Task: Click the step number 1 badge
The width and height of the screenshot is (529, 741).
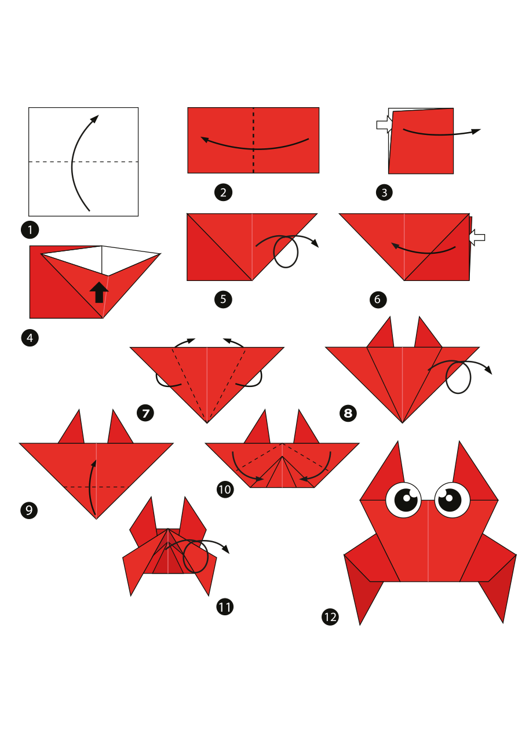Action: [30, 229]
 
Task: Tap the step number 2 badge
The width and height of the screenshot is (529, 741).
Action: [223, 192]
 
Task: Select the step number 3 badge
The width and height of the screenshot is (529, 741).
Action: [384, 192]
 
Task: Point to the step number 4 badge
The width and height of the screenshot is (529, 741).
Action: [30, 338]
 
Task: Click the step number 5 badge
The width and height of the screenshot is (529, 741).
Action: [223, 300]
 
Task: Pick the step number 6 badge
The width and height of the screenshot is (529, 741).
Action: [378, 300]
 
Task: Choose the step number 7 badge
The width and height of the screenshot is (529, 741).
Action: [145, 413]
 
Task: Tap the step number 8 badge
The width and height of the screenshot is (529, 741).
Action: [348, 413]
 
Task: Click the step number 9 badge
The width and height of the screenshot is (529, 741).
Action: [29, 510]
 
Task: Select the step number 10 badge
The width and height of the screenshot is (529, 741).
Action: [225, 489]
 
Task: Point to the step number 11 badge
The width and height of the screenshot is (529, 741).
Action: [225, 607]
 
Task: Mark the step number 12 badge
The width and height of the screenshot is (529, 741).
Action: [330, 617]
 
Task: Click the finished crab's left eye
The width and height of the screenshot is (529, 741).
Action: [404, 499]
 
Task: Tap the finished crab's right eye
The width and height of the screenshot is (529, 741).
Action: [452, 499]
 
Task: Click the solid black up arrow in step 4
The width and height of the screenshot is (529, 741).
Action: [99, 293]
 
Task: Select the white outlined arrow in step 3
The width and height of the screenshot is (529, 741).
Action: [384, 125]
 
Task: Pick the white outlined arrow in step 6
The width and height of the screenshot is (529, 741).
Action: [477, 237]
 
